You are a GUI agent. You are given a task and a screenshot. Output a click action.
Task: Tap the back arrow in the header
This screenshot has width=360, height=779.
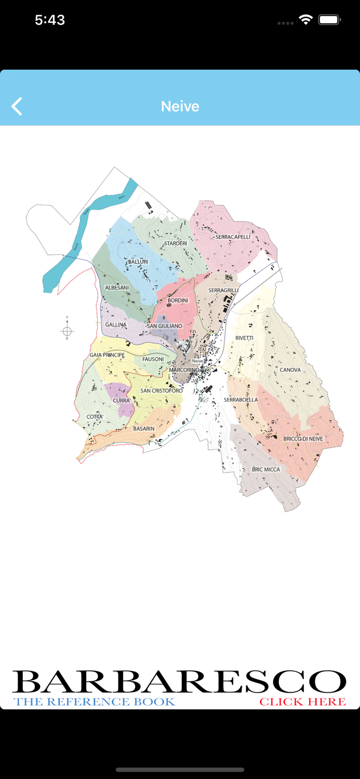[x=17, y=106]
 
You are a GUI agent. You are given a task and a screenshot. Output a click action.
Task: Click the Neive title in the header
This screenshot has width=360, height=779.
[x=180, y=106]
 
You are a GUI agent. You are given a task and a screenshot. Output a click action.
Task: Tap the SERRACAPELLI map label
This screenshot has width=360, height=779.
[x=233, y=237]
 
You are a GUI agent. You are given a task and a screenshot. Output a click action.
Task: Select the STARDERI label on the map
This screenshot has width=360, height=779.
[x=175, y=244]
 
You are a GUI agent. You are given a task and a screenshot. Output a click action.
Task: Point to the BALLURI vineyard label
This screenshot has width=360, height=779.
[x=138, y=262]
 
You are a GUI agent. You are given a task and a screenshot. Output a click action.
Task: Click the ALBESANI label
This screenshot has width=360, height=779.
[x=117, y=288]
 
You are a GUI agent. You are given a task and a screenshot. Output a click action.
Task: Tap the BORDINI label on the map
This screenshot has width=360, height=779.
[x=178, y=301]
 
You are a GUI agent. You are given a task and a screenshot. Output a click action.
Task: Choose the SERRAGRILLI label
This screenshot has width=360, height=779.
[x=223, y=290]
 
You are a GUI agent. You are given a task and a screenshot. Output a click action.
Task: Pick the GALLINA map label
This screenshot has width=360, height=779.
[x=116, y=325]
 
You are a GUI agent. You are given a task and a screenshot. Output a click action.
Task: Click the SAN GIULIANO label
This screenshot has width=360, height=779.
[x=165, y=326]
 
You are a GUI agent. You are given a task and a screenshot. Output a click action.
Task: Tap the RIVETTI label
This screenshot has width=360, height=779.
[x=244, y=338]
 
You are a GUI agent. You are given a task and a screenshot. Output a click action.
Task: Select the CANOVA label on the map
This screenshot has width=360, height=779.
[x=290, y=370]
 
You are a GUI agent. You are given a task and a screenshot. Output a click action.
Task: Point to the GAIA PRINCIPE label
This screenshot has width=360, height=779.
[x=107, y=355]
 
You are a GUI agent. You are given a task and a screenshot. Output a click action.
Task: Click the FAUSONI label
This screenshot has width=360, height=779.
[x=153, y=359]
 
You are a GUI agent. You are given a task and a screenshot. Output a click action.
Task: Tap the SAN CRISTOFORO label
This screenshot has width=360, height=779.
[x=161, y=391]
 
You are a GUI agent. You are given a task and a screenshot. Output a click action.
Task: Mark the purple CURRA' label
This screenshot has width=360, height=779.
[x=122, y=400]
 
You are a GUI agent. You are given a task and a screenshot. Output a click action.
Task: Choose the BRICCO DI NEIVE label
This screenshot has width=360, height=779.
[x=303, y=439]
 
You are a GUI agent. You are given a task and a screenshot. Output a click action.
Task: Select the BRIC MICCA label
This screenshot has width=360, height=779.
[x=265, y=469]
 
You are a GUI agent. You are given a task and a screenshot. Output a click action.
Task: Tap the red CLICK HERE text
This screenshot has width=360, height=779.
[x=302, y=702]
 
